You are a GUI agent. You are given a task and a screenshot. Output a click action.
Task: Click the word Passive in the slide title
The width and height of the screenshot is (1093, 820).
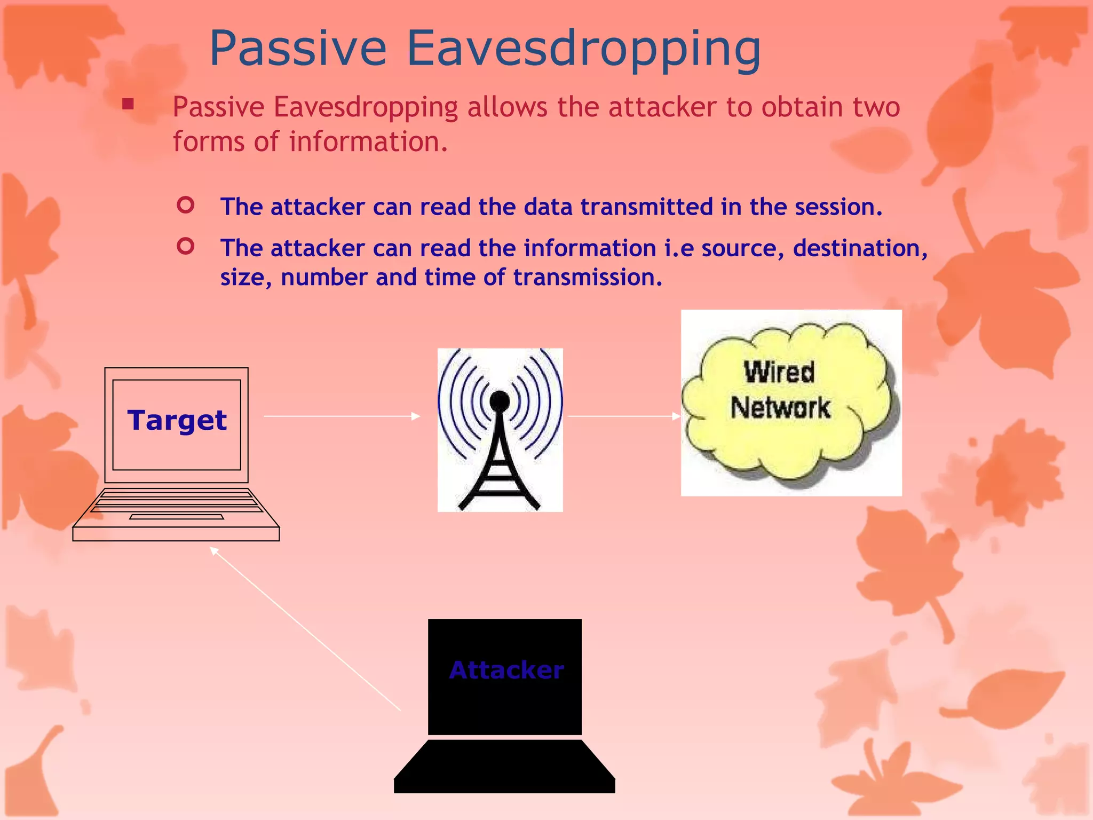click(x=298, y=49)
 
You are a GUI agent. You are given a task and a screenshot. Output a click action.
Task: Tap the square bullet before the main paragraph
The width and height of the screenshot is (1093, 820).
click(x=128, y=104)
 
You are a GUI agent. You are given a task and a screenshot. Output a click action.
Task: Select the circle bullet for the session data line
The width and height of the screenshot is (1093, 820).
click(x=185, y=205)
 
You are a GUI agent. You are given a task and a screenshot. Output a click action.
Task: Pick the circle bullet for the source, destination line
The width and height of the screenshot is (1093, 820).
click(x=185, y=246)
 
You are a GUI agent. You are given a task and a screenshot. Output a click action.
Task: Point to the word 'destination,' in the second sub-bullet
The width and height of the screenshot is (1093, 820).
click(x=860, y=249)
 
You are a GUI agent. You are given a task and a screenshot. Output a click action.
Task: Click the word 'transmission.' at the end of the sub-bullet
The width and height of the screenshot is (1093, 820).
click(x=587, y=278)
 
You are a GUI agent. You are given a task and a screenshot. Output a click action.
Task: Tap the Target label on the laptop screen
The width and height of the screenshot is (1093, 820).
click(x=177, y=420)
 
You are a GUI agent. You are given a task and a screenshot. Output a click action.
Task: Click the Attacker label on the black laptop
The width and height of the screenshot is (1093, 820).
click(x=506, y=670)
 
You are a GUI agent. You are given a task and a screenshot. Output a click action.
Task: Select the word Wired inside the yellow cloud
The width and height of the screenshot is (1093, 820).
click(x=779, y=372)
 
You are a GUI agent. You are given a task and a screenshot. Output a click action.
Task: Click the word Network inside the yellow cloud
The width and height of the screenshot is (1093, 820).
click(x=780, y=408)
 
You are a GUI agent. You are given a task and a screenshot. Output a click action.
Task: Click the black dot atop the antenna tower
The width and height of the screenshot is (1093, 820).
click(x=500, y=400)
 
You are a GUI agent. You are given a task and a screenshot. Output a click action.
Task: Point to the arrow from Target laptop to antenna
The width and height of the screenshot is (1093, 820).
click(x=342, y=416)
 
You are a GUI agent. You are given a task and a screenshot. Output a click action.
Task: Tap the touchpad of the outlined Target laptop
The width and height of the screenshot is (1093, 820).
click(x=176, y=517)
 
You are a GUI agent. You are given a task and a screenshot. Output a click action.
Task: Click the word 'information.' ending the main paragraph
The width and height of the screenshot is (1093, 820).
click(x=368, y=142)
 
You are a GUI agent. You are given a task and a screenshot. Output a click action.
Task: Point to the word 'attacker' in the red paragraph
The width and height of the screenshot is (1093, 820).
click(x=662, y=107)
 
